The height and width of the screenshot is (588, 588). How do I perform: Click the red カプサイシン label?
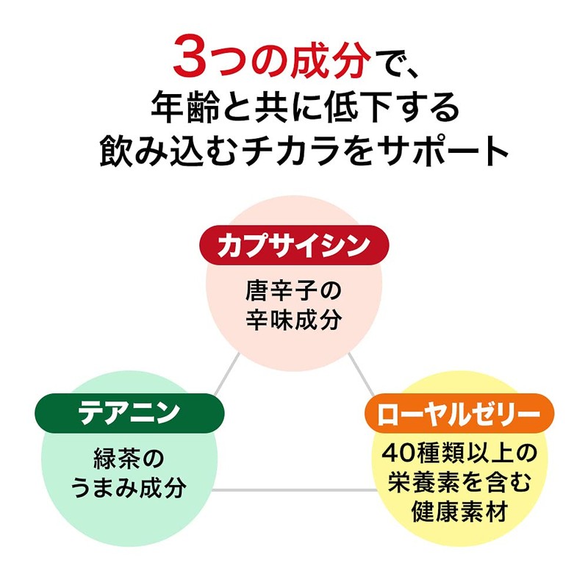pos(293,245)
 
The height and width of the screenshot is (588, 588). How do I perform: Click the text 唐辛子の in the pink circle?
pos(293,292)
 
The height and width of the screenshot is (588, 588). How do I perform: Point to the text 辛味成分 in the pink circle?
pos(293,321)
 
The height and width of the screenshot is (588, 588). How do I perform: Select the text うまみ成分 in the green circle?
pos(129,488)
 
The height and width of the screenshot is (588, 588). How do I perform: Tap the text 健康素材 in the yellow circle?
pos(457,510)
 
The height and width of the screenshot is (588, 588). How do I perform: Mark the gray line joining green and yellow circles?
pos(294,489)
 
